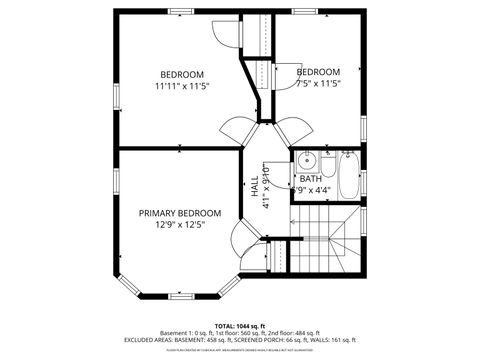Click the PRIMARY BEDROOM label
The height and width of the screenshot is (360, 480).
(180, 213)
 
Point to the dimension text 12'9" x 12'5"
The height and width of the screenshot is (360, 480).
(180, 225)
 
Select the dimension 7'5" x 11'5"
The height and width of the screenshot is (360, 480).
(318, 84)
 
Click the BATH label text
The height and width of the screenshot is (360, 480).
(311, 179)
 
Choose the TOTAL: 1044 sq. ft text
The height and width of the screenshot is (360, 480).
(240, 325)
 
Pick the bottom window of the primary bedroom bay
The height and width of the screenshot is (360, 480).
(180, 296)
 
